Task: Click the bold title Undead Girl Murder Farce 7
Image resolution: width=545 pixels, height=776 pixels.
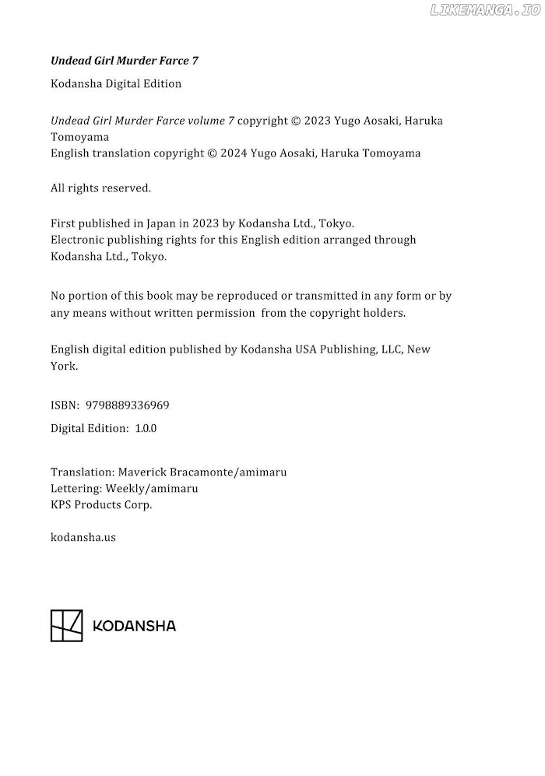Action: pos(129,60)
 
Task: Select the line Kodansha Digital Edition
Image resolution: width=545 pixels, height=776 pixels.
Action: pos(116,84)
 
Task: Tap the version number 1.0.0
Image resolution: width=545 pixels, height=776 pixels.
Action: pos(146,428)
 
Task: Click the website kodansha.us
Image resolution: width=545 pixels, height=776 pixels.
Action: pos(83,537)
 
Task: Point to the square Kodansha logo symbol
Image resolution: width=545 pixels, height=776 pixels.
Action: pos(66,626)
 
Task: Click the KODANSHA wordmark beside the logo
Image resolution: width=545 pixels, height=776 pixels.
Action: pos(134,626)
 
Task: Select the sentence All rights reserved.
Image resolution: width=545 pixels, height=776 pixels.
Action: pos(100,188)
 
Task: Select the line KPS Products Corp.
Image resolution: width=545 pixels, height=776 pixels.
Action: pos(101,504)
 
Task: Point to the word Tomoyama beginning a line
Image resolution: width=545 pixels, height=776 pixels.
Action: pos(74,137)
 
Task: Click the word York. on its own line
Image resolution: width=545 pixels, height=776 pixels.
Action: pos(64,366)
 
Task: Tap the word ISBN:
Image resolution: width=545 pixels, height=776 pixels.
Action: pos(65,406)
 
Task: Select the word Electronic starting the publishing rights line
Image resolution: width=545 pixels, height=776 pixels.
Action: pos(77,240)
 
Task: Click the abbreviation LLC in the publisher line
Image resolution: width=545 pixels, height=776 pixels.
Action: pos(390,349)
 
